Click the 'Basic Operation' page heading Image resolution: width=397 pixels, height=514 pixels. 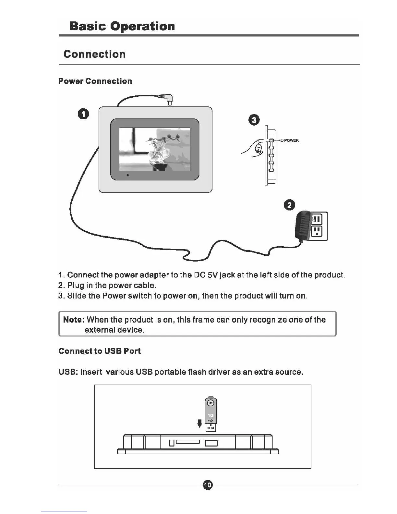click(122, 26)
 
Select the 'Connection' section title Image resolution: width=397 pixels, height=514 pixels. click(94, 54)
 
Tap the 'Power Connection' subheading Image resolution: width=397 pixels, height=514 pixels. click(95, 81)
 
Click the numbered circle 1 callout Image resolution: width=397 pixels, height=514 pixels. click(83, 114)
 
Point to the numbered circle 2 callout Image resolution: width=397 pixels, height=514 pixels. click(289, 205)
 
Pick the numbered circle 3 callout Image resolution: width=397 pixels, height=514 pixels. click(254, 120)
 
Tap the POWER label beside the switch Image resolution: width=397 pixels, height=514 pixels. click(291, 141)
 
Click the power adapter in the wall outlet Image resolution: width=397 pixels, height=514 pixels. click(302, 225)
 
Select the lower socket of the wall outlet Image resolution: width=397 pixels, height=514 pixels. click(317, 232)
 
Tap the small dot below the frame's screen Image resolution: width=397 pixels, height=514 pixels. click(128, 175)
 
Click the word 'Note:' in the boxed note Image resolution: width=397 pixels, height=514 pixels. click(74, 320)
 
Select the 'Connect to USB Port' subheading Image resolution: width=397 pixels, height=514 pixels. click(100, 351)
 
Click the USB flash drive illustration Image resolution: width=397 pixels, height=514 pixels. click(211, 414)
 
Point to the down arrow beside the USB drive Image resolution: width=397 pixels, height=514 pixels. click(200, 423)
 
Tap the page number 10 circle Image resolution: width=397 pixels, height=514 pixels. click(208, 485)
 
